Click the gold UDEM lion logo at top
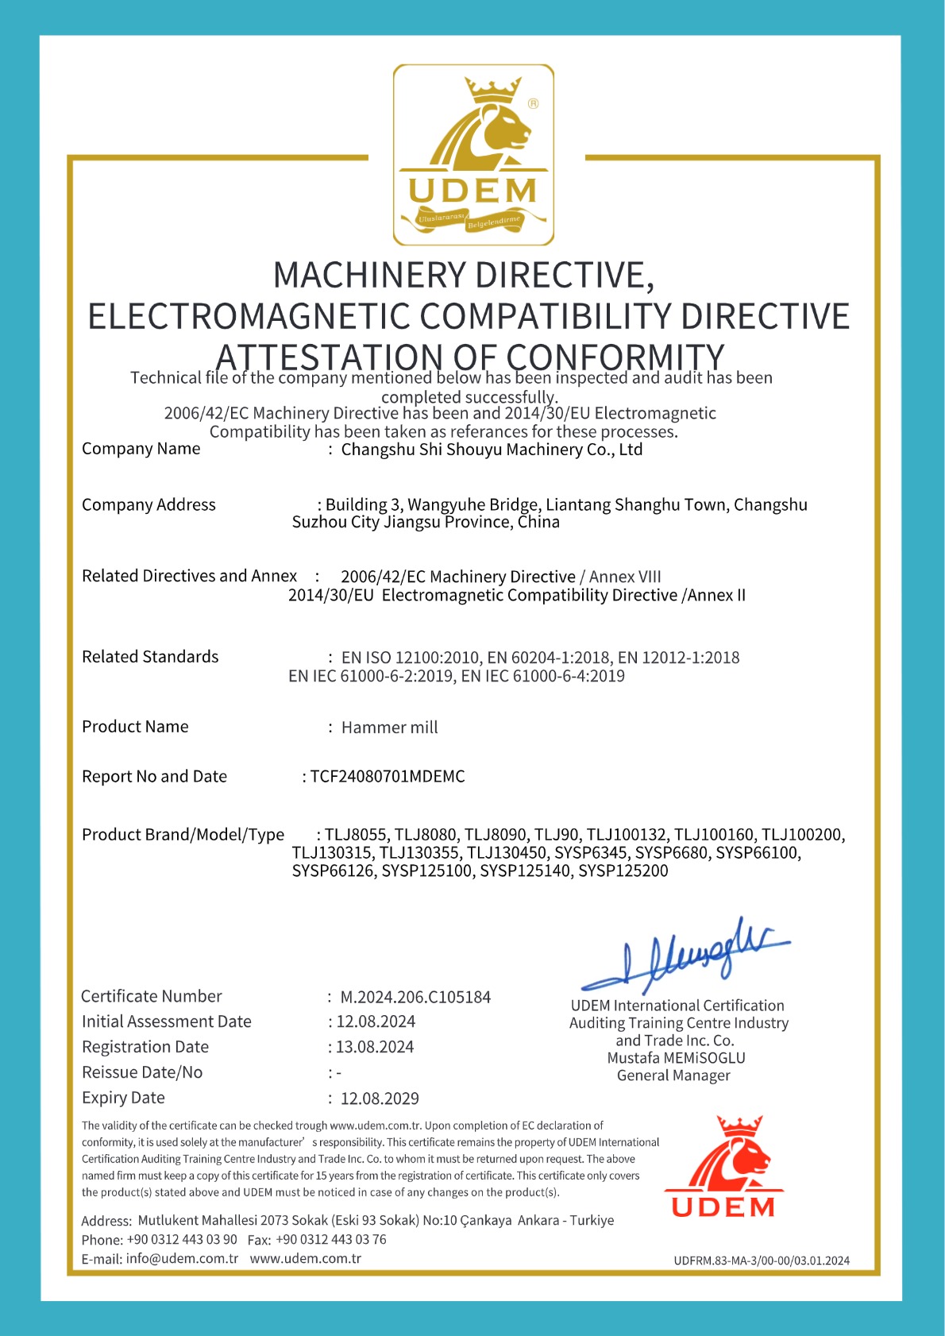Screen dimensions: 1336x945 pos(473,155)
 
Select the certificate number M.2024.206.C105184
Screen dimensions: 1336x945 pos(415,997)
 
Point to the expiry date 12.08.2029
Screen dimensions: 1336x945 pos(380,1099)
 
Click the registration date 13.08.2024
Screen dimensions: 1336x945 pos(375,1047)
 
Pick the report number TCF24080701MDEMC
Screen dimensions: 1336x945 pos(388,776)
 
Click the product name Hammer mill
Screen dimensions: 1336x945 pos(389,728)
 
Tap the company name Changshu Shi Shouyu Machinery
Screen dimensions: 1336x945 pos(492,450)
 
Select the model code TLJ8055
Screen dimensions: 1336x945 pos(356,835)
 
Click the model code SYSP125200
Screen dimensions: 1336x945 pos(623,871)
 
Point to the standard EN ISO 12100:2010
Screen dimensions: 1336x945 pos(411,658)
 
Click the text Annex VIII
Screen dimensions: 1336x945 pos(625,577)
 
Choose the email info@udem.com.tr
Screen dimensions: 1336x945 pos(182,1259)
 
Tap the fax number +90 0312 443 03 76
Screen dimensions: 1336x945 pos(331,1239)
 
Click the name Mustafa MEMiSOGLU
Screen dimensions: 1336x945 pos(677,1058)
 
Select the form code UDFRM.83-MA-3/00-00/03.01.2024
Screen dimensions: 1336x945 pos(762,1261)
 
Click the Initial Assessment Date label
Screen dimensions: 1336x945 pos(167,1021)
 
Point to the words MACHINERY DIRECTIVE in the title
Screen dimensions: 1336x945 pos(464,275)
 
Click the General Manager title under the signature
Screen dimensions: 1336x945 pos(673,1075)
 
